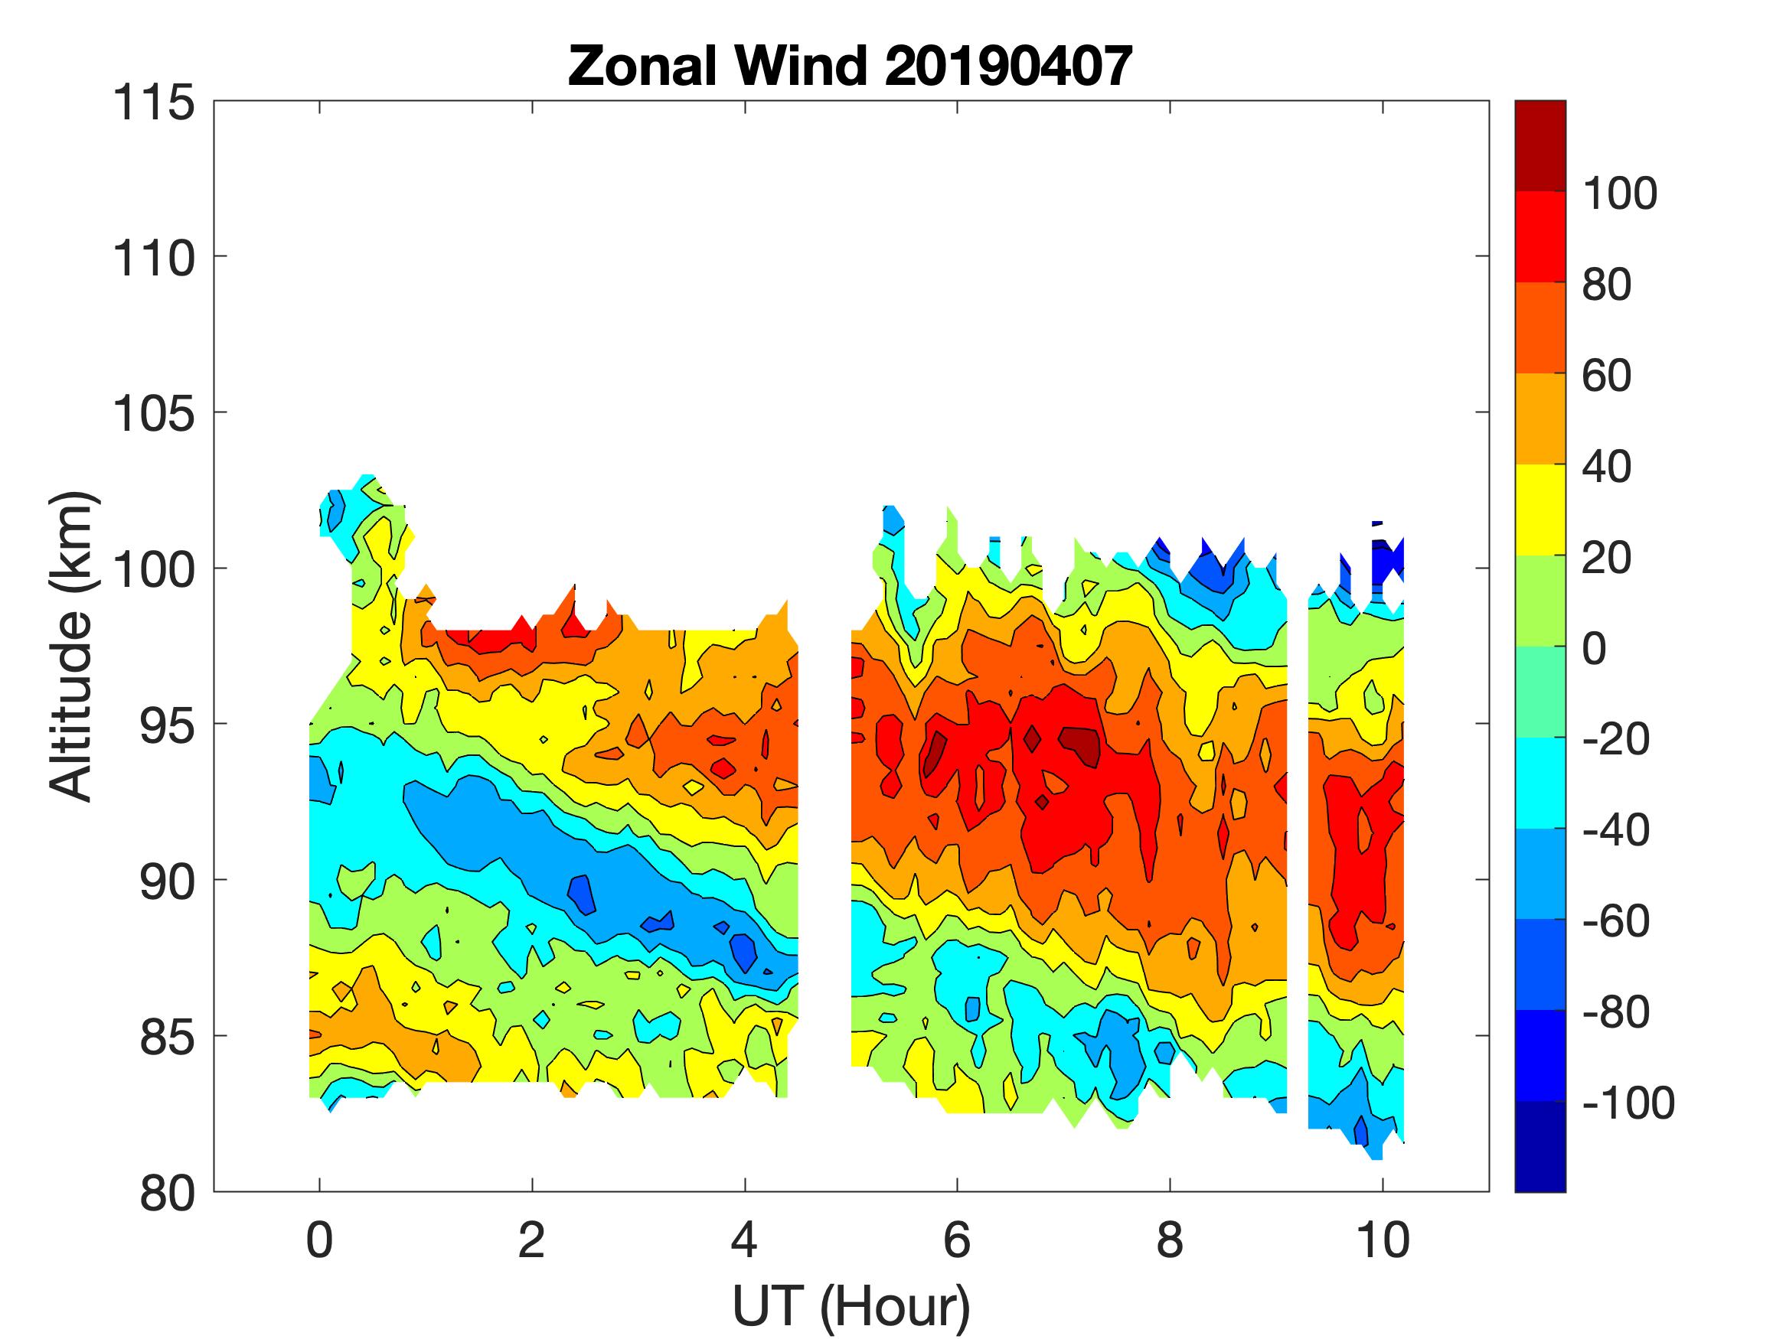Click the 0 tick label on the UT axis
[320, 1240]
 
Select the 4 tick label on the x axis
[744, 1240]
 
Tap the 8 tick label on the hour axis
[1170, 1240]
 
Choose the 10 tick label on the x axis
[1383, 1240]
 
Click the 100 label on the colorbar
[1620, 194]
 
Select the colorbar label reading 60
[1607, 376]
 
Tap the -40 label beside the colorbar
[1615, 829]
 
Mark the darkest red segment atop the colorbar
[1539, 145]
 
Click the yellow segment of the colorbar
[1539, 510]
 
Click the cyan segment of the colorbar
[1539, 782]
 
